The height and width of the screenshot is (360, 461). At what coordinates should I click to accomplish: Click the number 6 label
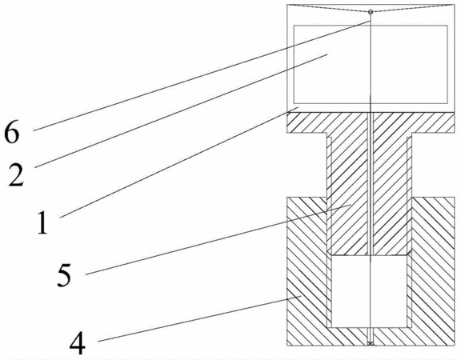[12, 133]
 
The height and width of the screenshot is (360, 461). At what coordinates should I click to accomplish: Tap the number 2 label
[16, 175]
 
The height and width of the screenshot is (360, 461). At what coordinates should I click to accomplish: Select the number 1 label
[42, 223]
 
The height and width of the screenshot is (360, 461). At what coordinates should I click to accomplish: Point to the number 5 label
[64, 275]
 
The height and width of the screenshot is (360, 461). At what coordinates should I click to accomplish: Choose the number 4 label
[78, 344]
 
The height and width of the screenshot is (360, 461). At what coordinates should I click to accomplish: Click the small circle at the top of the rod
[371, 12]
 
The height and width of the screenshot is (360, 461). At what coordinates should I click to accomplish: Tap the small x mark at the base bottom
[371, 343]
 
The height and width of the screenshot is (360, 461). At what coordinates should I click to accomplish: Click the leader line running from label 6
[202, 75]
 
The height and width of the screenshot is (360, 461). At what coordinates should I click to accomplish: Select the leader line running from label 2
[181, 111]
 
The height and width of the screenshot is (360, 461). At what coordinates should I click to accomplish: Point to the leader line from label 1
[179, 163]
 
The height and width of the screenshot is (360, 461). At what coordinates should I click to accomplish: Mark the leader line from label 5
[218, 239]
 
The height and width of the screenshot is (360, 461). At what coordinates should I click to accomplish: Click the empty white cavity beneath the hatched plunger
[369, 291]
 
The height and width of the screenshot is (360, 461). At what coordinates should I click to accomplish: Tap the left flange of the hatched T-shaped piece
[307, 123]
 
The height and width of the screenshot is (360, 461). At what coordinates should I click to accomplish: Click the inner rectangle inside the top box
[371, 64]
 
